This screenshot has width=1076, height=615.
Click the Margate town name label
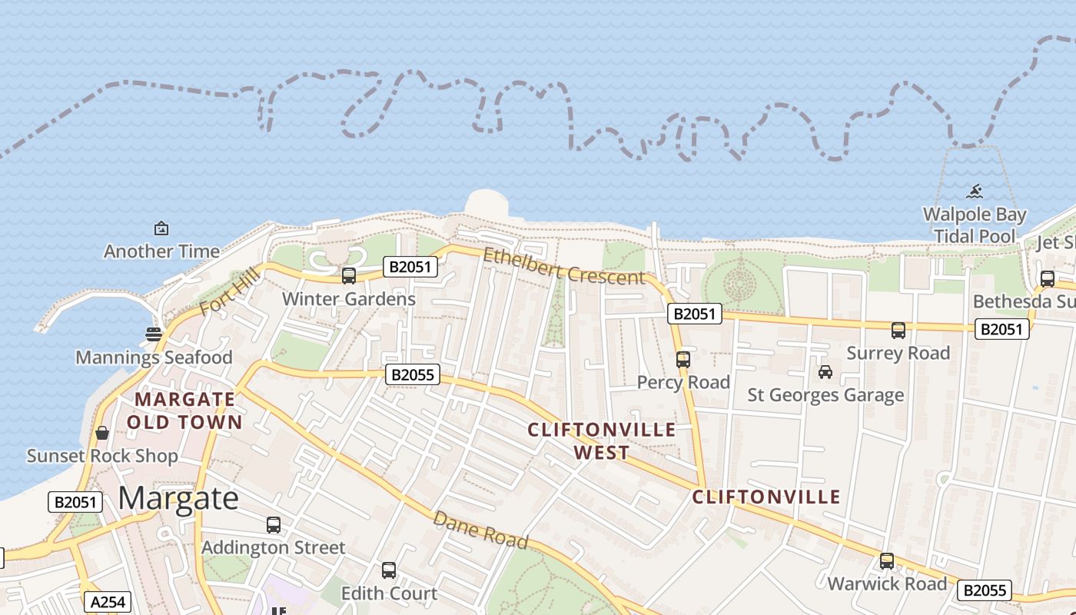coord(178,498)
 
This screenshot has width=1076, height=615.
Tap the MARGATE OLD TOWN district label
coord(184,411)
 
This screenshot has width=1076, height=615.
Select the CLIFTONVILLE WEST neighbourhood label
coord(602,440)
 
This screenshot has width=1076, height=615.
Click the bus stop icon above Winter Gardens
coord(349,275)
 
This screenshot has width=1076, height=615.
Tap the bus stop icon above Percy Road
coord(682,359)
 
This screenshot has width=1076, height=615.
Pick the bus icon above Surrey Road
coord(898,331)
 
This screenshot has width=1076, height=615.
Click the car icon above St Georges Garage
coord(825,372)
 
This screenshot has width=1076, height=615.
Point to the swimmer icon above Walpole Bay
coord(975,191)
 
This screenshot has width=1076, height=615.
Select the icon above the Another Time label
coord(161,228)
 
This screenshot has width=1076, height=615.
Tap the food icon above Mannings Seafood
coord(154,334)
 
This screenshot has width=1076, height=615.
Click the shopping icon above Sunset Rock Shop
coord(102,433)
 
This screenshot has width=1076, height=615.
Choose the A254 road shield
coord(107,602)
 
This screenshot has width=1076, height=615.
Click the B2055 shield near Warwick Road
coord(984,590)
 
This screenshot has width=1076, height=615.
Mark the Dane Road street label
coord(480,530)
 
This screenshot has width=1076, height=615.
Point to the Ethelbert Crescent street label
coord(563,266)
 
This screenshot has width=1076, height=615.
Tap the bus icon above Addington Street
coord(273,525)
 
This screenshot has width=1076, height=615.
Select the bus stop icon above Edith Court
coord(389,570)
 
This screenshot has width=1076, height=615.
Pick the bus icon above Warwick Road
coord(887,561)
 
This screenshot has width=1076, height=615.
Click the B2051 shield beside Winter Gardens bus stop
coord(410,267)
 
